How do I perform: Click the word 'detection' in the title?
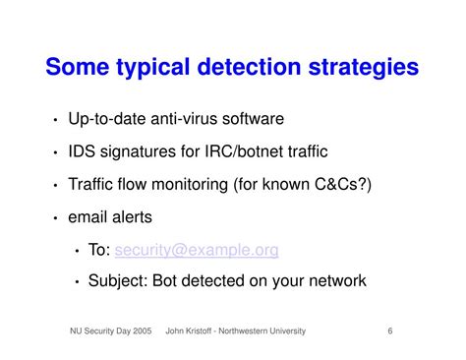click(x=252, y=68)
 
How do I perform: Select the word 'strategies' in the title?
click(x=365, y=68)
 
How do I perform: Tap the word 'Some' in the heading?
click(x=80, y=68)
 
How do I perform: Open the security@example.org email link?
click(x=197, y=250)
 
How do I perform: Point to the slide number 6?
click(x=390, y=331)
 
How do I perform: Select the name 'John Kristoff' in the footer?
click(x=196, y=331)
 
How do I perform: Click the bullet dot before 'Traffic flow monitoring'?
click(x=56, y=186)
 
